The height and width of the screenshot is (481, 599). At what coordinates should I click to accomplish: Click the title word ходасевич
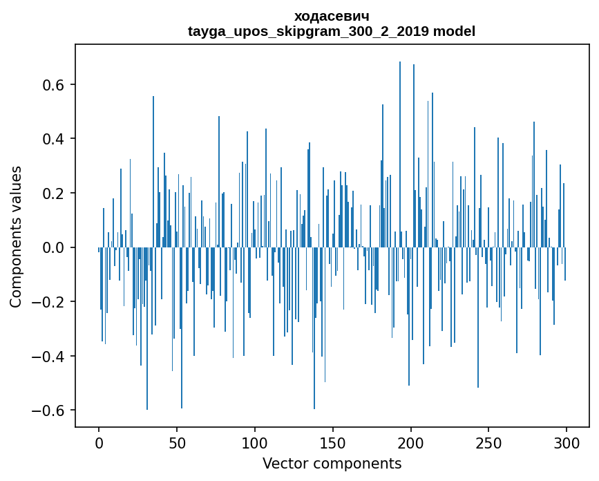coord(331,16)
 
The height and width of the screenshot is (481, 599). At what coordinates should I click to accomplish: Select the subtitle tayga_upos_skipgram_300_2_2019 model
coord(331,31)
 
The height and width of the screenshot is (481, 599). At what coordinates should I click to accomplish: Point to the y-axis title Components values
coord(16,236)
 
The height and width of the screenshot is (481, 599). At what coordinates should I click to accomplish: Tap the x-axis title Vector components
coord(332,463)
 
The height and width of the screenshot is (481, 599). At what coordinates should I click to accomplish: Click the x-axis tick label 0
coord(99,442)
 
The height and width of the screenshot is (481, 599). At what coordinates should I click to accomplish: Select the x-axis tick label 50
coord(177,442)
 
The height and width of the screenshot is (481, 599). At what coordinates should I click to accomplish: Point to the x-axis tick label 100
coord(255,442)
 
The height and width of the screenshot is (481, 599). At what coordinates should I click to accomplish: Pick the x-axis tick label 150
coord(333,442)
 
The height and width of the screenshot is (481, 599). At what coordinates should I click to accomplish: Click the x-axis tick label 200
coord(411,442)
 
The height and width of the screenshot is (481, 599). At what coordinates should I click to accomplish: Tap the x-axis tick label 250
coord(489,442)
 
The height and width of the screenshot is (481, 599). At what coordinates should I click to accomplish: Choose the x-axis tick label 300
coord(567,442)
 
